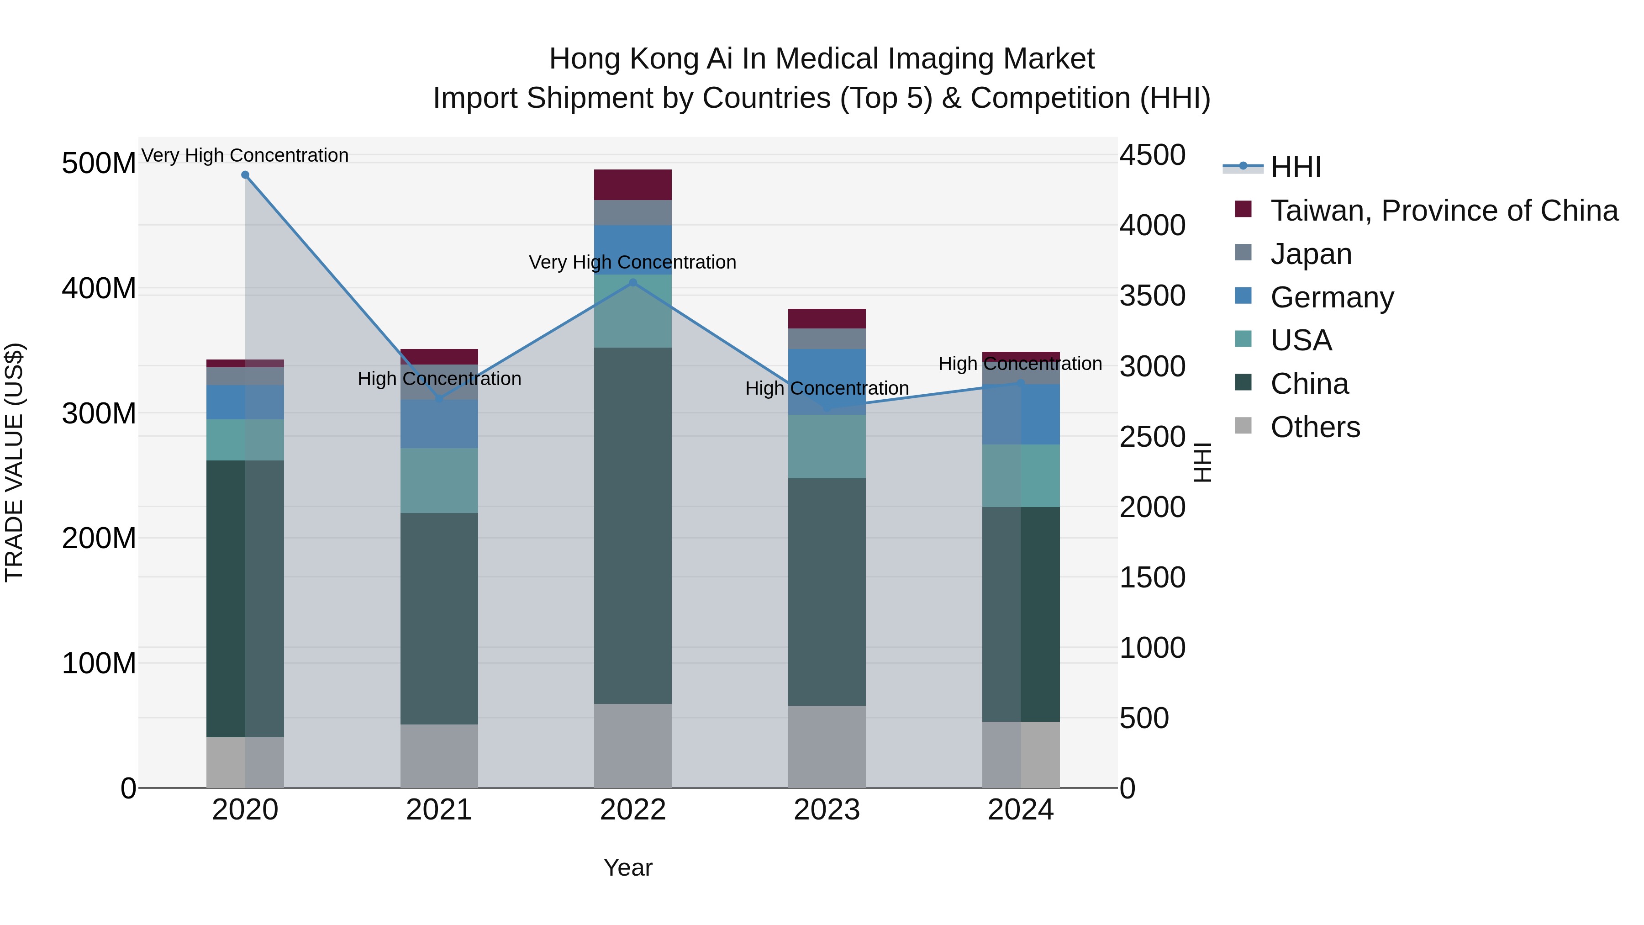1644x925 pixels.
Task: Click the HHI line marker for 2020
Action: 245,175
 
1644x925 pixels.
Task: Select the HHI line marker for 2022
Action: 633,282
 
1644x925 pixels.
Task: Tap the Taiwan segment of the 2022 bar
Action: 633,185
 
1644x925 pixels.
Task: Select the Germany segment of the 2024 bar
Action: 1021,414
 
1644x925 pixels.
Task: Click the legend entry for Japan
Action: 1311,254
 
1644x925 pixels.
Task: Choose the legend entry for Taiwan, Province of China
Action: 1444,211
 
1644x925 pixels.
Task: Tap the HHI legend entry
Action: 1296,167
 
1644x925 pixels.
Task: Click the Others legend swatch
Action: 1243,426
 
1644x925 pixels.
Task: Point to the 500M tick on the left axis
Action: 99,164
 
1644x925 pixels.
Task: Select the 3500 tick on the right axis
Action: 1153,296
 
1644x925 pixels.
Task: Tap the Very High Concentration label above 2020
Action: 245,155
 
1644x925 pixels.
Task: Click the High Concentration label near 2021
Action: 439,379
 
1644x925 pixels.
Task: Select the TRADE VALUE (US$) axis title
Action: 14,462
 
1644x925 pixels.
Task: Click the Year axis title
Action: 628,867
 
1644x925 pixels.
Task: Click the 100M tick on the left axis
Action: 99,663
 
